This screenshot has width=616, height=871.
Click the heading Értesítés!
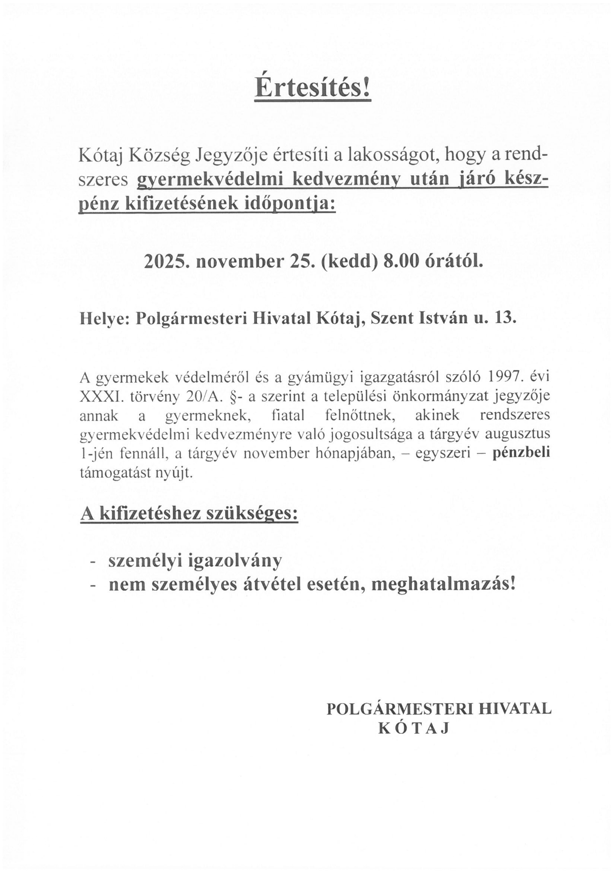point(312,88)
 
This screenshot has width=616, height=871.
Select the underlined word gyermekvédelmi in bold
point(209,180)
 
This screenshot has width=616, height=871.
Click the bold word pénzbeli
point(521,454)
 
